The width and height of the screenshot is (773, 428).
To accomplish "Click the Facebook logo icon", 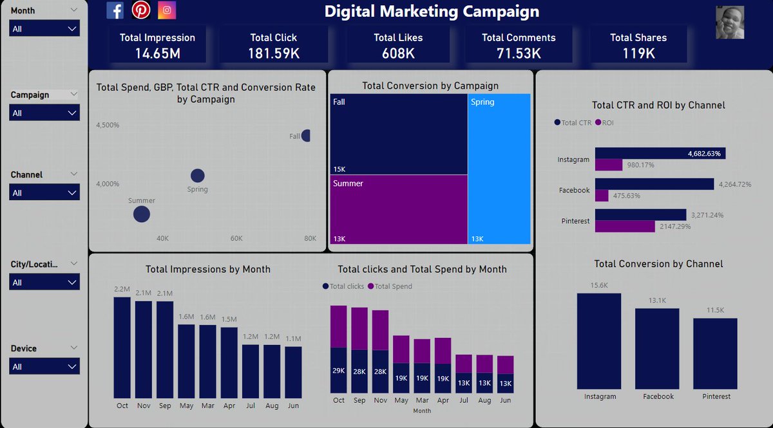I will pyautogui.click(x=115, y=10).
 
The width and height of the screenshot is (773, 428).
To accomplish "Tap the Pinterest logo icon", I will pyautogui.click(x=141, y=10).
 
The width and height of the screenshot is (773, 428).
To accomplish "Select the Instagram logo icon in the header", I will pyautogui.click(x=167, y=10).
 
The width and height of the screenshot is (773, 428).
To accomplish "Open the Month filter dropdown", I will pyautogui.click(x=45, y=29).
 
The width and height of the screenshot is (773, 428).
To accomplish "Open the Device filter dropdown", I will pyautogui.click(x=45, y=366).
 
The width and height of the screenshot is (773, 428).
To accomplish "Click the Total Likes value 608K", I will pyautogui.click(x=398, y=53).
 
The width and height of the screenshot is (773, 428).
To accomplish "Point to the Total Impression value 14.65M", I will pyautogui.click(x=157, y=53).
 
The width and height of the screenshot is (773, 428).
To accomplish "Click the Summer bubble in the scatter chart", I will pyautogui.click(x=142, y=214).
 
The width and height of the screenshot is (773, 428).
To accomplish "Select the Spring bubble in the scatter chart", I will pyautogui.click(x=198, y=175).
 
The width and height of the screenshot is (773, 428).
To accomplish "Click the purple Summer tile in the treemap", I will pyautogui.click(x=399, y=209).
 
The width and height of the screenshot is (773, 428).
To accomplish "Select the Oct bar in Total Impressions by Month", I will pyautogui.click(x=122, y=348).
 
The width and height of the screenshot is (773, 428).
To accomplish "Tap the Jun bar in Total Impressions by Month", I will pyautogui.click(x=293, y=372).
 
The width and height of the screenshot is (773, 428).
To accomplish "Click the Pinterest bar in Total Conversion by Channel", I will pyautogui.click(x=715, y=354).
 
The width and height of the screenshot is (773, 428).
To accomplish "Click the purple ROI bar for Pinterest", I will pyautogui.click(x=625, y=227).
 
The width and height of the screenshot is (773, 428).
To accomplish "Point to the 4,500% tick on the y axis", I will pyautogui.click(x=108, y=125).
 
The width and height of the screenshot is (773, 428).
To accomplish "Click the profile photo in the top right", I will pyautogui.click(x=730, y=23).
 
